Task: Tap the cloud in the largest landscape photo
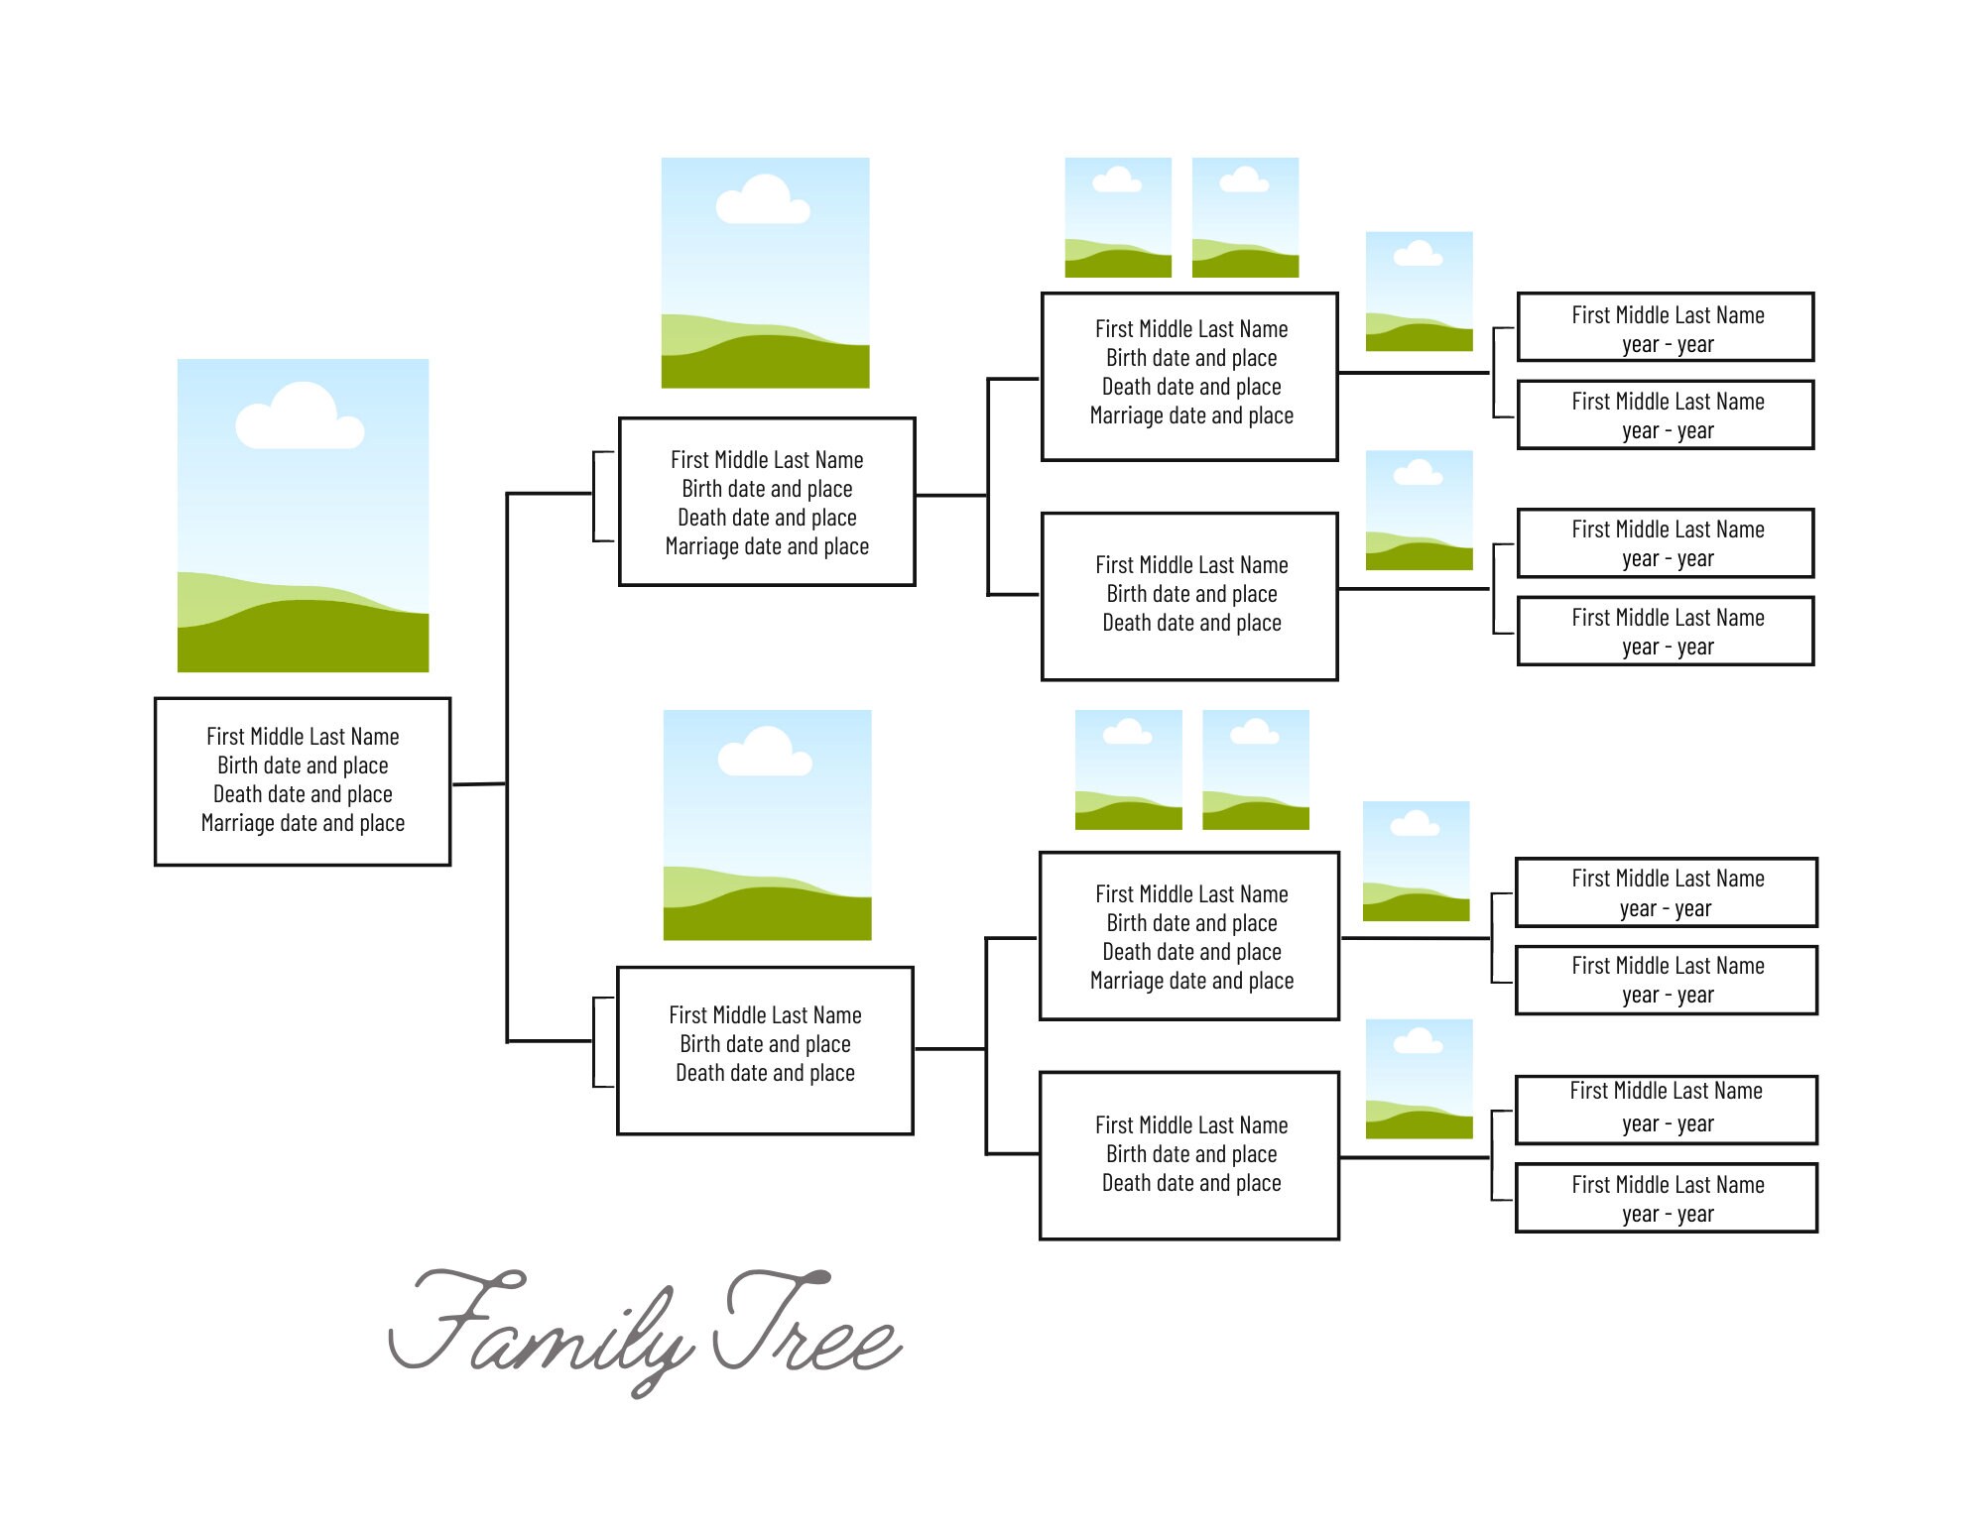[x=300, y=416]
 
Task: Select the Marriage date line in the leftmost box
[x=303, y=823]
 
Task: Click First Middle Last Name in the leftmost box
[x=303, y=737]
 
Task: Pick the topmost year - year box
[x=1667, y=327]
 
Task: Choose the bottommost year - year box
[x=1667, y=1199]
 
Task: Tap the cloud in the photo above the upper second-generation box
[x=763, y=200]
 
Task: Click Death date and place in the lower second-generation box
[x=765, y=1073]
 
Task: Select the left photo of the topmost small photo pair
[x=1118, y=217]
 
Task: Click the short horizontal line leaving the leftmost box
[x=479, y=784]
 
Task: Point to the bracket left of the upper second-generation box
[x=596, y=496]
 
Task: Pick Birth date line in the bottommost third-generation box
[x=1191, y=1154]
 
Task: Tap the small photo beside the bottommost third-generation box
[x=1419, y=1079]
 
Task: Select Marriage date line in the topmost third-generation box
[x=1191, y=415]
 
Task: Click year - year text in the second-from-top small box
[x=1668, y=431]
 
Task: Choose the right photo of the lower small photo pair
[x=1256, y=769]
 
